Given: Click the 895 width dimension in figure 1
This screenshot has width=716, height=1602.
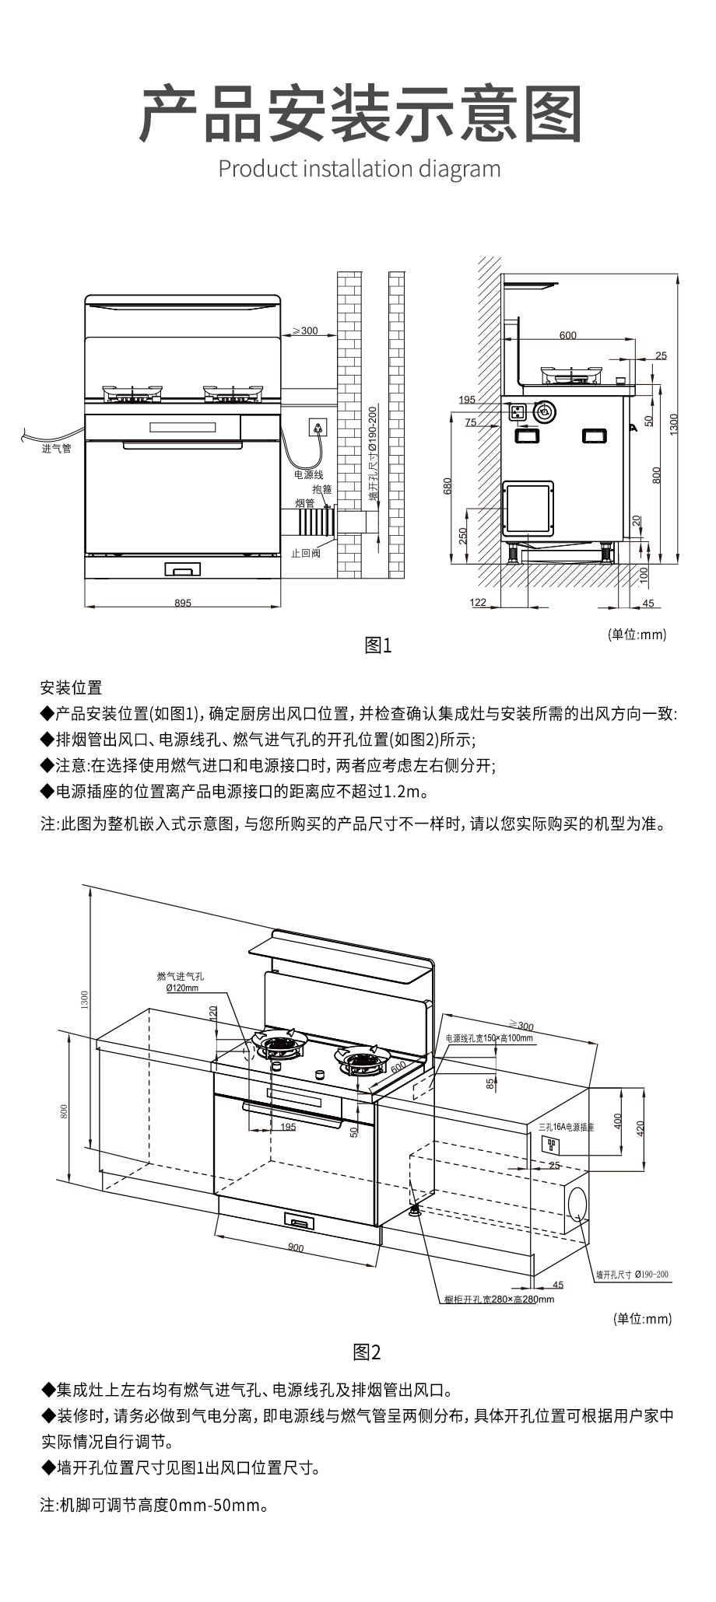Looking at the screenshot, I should (182, 603).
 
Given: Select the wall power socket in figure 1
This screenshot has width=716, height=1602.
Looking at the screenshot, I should (318, 426).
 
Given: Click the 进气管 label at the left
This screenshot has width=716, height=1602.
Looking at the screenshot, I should (56, 449).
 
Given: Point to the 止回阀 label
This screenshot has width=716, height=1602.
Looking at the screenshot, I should (305, 553).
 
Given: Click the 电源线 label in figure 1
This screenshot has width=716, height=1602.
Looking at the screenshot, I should (308, 474).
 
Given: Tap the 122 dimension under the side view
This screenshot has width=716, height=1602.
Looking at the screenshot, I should (478, 603).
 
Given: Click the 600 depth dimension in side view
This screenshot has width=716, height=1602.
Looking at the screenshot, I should (568, 335).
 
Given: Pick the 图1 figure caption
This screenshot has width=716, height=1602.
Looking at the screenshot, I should (378, 645).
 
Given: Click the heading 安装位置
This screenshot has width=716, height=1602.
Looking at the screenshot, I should (71, 687).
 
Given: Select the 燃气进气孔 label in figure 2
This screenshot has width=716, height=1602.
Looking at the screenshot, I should (181, 976).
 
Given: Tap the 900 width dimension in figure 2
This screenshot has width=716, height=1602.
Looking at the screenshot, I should (296, 1247).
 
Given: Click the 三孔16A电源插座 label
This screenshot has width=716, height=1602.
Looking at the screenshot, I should (566, 1127).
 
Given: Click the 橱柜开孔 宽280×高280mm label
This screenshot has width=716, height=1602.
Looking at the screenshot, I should (499, 1299).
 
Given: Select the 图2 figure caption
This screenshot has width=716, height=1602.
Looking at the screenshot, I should (367, 1352).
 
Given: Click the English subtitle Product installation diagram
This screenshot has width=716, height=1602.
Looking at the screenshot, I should (360, 168).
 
